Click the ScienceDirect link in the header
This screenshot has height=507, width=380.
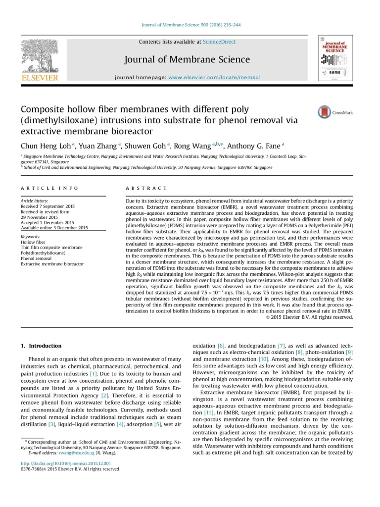point(219,42)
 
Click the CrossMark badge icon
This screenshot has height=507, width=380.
point(325,112)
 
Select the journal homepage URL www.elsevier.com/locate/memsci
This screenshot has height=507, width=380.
point(214,78)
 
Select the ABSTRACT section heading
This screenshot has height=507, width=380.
point(147,188)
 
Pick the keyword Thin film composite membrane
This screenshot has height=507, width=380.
point(51,247)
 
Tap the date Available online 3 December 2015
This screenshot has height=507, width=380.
point(54,228)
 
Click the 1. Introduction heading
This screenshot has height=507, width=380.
point(41,346)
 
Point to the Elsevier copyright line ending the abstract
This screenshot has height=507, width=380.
point(312,317)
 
